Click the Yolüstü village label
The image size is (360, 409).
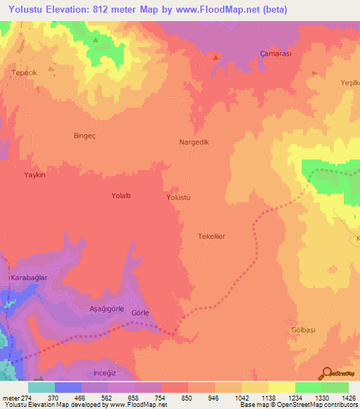(x=178, y=198)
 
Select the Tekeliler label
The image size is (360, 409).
(x=211, y=237)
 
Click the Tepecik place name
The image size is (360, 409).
(x=23, y=72)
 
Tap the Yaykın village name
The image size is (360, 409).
(x=34, y=175)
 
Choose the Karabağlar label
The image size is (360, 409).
(x=29, y=278)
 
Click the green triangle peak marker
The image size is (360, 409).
(x=96, y=39)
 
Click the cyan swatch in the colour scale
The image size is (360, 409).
(x=41, y=387)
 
